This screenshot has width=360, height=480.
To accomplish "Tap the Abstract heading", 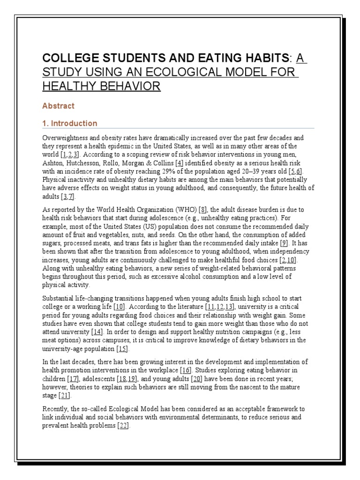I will point(58,106).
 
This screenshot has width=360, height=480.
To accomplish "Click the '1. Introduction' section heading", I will point(70,123).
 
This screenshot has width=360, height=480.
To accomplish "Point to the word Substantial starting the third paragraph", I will point(60,298).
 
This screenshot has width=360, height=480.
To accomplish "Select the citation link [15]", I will point(123,349).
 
